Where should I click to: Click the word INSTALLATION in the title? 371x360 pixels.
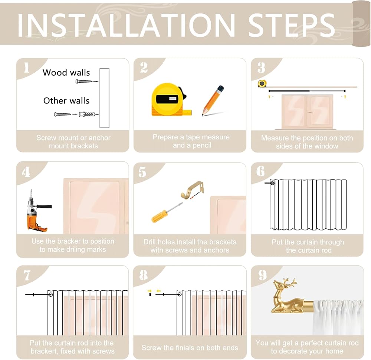tap(126, 25)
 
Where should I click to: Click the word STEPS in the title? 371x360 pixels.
tap(292, 25)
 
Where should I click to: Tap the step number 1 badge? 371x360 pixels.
tap(26, 68)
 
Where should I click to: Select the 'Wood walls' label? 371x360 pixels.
tap(66, 72)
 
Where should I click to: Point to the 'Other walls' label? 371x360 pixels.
tap(66, 101)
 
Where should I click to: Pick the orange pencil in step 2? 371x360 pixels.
tap(213, 100)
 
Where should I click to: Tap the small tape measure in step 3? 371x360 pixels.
tap(262, 83)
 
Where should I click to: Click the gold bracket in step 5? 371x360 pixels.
tap(192, 190)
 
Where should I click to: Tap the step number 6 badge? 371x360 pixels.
tap(260, 171)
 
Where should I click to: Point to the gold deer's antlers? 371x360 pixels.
tap(289, 282)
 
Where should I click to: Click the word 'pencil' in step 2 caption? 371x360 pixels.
tap(202, 145)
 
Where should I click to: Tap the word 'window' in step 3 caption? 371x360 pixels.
tap(326, 146)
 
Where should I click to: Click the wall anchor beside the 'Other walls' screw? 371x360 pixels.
tap(88, 114)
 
